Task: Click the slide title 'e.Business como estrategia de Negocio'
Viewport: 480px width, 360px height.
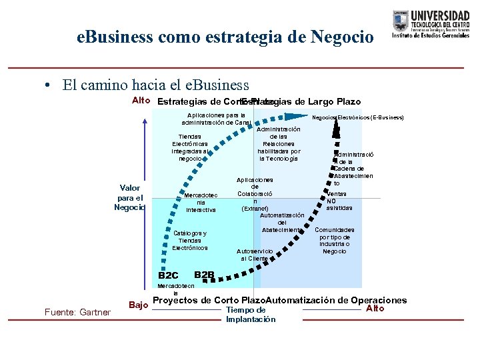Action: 225,37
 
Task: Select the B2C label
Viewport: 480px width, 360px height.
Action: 168,275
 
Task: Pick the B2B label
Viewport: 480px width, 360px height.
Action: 204,275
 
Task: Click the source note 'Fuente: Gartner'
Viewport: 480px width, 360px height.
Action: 77,311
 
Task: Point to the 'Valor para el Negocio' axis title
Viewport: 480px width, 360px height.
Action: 130,197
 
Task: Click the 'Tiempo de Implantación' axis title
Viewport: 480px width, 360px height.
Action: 250,315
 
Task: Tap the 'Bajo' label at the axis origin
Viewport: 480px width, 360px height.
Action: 138,305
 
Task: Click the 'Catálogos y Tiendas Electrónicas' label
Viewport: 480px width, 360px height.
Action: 190,240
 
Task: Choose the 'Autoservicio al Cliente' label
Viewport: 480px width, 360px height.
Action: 255,254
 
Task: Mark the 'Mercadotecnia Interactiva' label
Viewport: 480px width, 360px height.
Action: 201,202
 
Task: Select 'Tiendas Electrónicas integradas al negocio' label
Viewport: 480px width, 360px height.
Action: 190,147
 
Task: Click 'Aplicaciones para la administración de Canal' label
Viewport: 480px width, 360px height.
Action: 216,119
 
